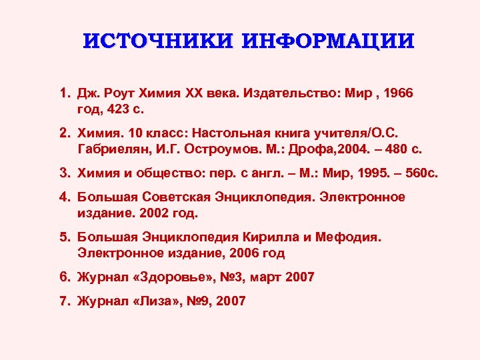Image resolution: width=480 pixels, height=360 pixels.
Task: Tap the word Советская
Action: [x=171, y=197]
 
